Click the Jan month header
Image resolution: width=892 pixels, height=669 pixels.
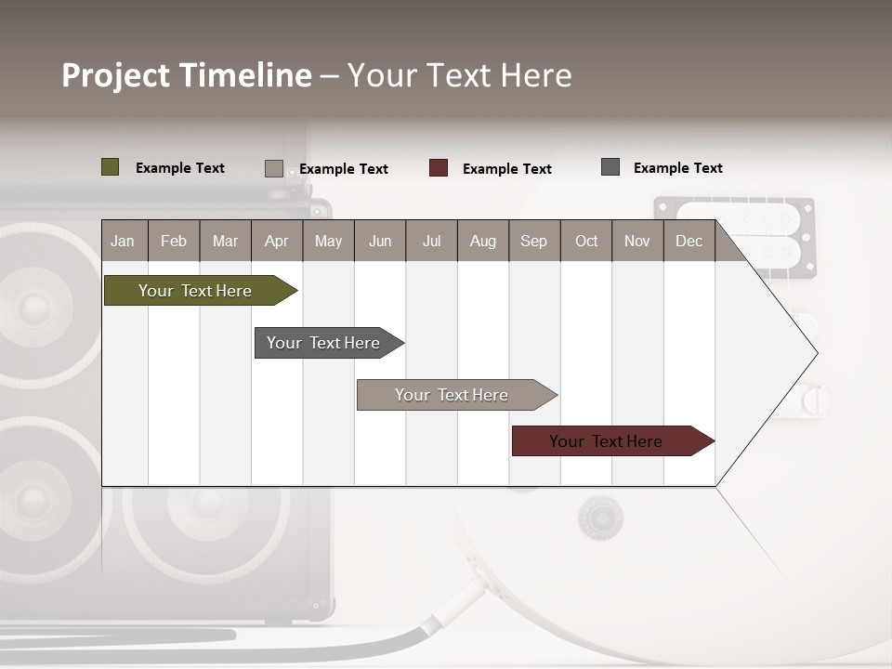[x=123, y=241]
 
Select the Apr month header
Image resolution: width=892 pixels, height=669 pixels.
[x=276, y=241]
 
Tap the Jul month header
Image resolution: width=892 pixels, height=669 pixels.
[x=431, y=241]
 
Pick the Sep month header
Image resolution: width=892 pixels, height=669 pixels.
[x=533, y=241]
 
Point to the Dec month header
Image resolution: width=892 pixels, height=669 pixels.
[x=689, y=241]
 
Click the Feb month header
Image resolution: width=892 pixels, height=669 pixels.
[x=174, y=241]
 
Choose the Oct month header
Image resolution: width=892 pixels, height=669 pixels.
[x=586, y=241]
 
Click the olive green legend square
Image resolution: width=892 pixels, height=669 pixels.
[x=110, y=167]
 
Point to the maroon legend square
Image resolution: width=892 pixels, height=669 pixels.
[x=439, y=168]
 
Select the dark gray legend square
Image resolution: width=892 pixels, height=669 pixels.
[x=610, y=167]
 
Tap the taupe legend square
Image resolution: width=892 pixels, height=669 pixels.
[x=273, y=168]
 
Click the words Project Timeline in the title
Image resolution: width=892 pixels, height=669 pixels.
[x=187, y=75]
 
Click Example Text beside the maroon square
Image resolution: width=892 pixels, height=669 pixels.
[x=506, y=169]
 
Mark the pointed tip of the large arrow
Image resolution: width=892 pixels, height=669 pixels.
[x=816, y=353]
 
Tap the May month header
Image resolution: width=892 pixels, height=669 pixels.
[x=328, y=241]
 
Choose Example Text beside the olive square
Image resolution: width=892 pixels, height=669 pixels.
[x=179, y=168]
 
